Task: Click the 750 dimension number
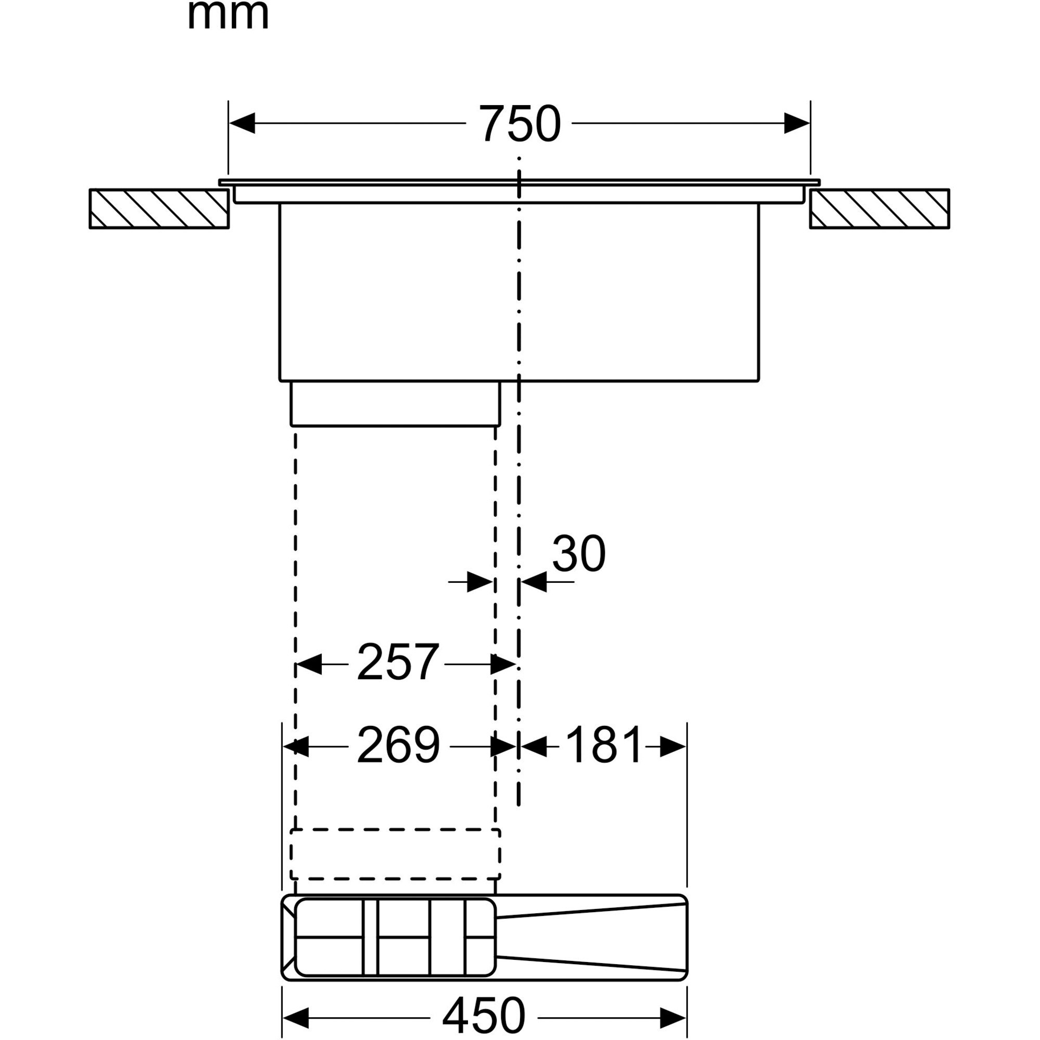(x=520, y=124)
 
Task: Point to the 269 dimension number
(x=398, y=746)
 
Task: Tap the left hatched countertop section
(x=159, y=209)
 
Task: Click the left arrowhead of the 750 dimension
(x=242, y=123)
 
